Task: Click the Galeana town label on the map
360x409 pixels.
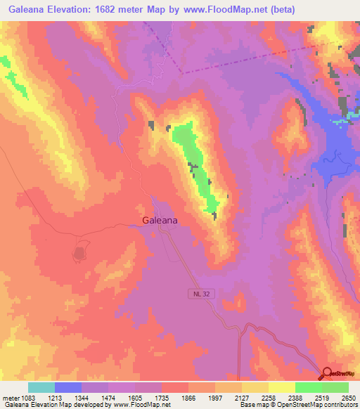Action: click(160, 220)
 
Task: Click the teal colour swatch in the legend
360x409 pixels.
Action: click(41, 387)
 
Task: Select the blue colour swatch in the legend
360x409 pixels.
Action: click(68, 387)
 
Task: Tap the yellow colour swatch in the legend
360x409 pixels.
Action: click(282, 387)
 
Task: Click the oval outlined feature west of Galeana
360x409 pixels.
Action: click(80, 251)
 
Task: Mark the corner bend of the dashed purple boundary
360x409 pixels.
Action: click(183, 72)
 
